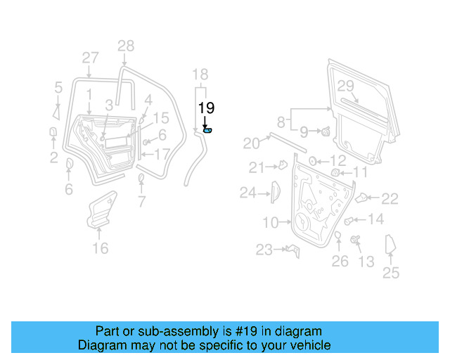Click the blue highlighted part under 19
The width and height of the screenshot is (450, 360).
[x=207, y=130]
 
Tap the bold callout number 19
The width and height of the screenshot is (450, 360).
[x=206, y=108]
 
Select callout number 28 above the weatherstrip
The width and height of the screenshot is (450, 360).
[x=125, y=46]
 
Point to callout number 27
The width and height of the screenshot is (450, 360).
[x=90, y=58]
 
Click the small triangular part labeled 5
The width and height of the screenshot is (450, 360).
[x=56, y=110]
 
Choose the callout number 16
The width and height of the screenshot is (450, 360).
[x=101, y=248]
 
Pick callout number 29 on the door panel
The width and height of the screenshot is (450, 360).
[x=345, y=86]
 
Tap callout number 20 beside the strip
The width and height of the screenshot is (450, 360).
[x=251, y=143]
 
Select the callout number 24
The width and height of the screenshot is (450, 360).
[x=248, y=192]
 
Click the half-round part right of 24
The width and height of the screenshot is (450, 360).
[x=275, y=191]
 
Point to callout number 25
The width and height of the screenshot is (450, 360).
[x=390, y=274]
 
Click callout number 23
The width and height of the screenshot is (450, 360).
[x=264, y=250]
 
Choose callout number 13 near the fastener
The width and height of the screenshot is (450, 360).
[x=366, y=262]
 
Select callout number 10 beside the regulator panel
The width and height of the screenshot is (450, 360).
[x=271, y=223]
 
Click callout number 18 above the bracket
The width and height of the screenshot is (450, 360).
[x=200, y=75]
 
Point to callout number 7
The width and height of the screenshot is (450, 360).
[x=141, y=203]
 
